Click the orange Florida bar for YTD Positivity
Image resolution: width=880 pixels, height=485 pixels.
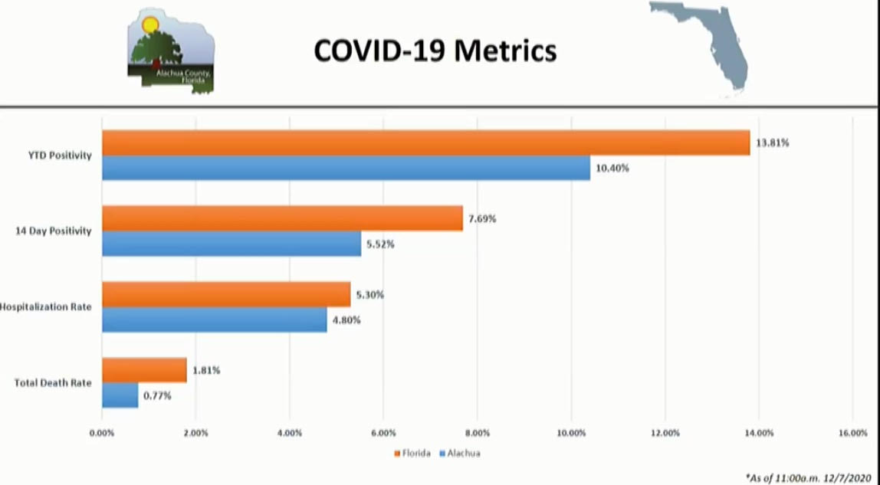tap(425, 143)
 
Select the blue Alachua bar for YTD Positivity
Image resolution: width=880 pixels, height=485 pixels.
tap(346, 168)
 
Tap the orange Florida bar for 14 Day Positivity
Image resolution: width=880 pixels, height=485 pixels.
tap(282, 218)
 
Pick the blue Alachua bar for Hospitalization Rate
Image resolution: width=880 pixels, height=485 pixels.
tap(215, 320)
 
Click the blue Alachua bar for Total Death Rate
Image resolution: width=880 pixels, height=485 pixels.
tap(120, 395)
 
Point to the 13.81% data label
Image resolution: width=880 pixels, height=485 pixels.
tap(773, 143)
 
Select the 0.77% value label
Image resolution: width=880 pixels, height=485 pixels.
tap(157, 396)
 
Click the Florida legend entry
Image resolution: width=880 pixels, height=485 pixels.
tap(413, 453)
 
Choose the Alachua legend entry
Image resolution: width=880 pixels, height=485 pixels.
tap(460, 453)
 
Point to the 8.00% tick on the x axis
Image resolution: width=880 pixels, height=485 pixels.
tap(478, 433)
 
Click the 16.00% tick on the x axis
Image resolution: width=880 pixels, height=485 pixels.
tap(852, 433)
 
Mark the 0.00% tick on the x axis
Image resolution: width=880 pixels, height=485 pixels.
tap(102, 433)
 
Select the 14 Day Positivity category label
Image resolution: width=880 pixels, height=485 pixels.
tap(54, 231)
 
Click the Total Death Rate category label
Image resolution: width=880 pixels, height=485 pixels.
tap(53, 382)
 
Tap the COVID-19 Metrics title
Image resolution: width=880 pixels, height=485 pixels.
tap(435, 51)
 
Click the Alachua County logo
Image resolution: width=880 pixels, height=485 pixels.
tap(171, 51)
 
